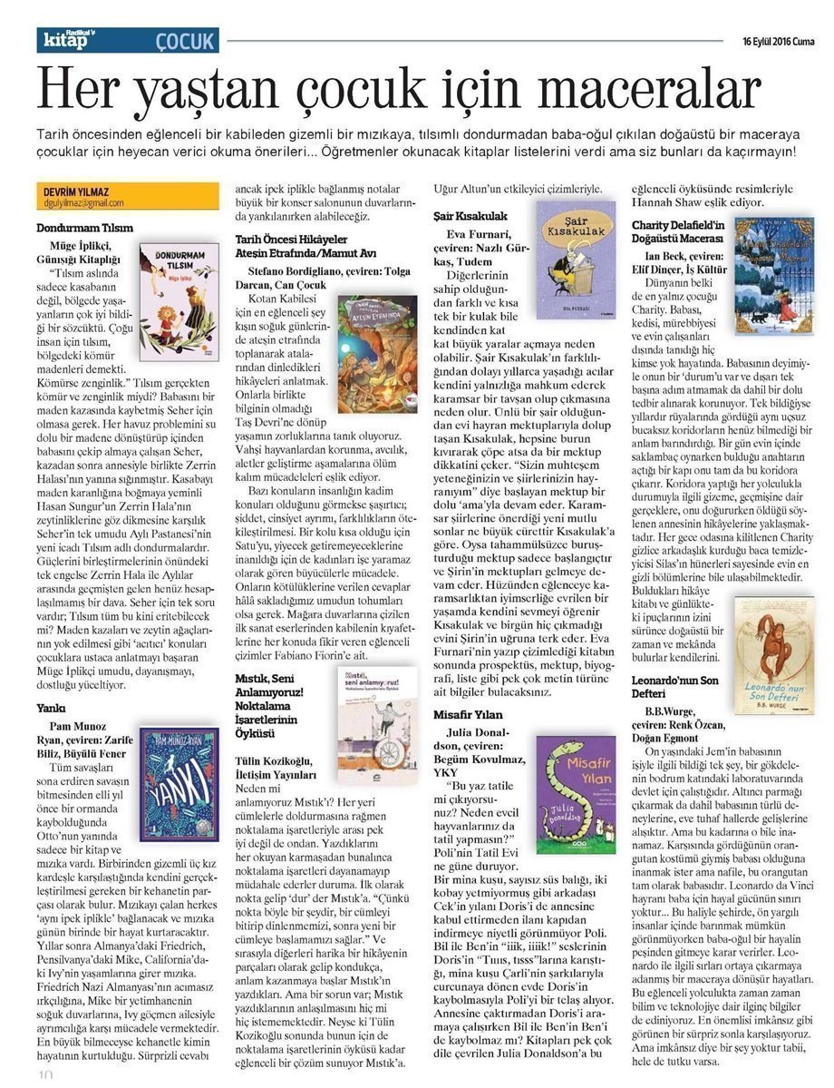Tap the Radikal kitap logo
[68, 40]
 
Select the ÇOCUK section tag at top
[184, 41]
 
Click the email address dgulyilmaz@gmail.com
[82, 203]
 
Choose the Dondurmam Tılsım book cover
[179, 300]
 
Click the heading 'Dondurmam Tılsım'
[85, 226]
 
